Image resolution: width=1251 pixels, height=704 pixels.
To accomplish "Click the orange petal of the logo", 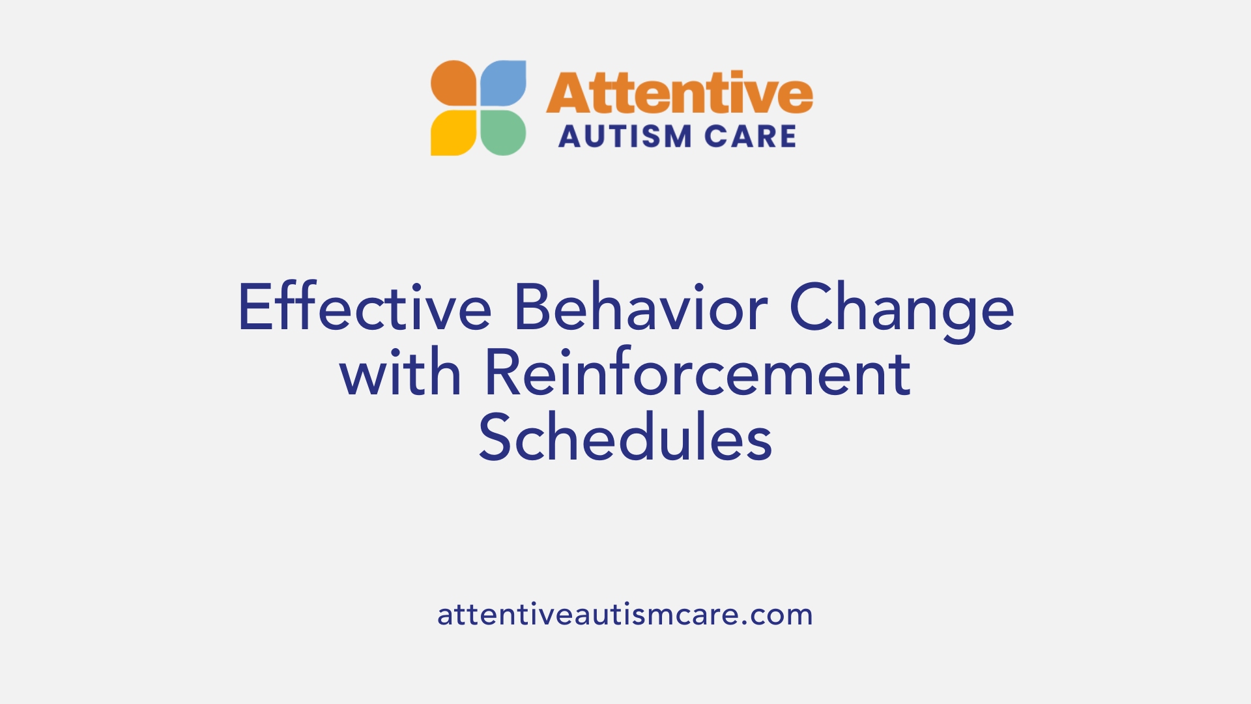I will [x=454, y=83].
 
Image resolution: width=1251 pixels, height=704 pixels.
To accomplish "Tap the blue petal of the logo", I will [x=504, y=83].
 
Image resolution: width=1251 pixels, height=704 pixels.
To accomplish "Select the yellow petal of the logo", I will [x=454, y=132].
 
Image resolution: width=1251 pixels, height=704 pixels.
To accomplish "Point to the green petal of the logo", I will [x=504, y=132].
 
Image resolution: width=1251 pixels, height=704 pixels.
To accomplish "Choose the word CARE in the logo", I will [x=751, y=137].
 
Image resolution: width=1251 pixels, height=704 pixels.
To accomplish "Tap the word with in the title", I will [x=400, y=373].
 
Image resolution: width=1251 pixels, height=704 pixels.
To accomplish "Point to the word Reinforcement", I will [x=697, y=373].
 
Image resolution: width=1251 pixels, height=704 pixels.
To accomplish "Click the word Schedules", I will [x=625, y=438].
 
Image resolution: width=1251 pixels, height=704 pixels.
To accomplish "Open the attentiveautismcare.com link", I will [x=625, y=615].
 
